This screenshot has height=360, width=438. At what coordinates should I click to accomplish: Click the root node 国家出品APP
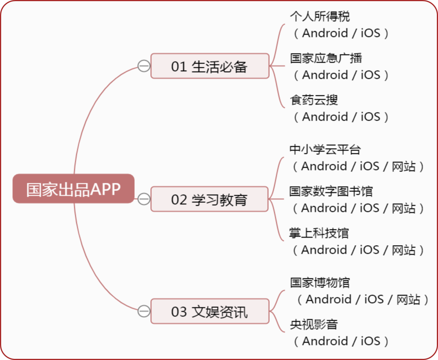pyautogui.click(x=73, y=189)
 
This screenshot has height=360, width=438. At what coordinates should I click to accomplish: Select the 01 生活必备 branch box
pyautogui.click(x=210, y=66)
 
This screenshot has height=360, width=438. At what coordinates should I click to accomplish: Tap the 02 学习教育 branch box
pyautogui.click(x=210, y=199)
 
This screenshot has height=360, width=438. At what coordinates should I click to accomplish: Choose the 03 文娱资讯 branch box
pyautogui.click(x=210, y=311)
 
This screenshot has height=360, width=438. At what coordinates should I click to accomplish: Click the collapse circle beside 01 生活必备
pyautogui.click(x=144, y=66)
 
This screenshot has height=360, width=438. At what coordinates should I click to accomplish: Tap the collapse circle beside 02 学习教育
pyautogui.click(x=144, y=199)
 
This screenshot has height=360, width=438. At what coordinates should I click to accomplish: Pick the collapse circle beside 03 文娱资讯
pyautogui.click(x=144, y=311)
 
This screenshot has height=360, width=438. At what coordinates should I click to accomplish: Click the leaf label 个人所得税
pyautogui.click(x=320, y=17)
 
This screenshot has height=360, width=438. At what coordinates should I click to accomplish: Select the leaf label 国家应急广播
pyautogui.click(x=326, y=58)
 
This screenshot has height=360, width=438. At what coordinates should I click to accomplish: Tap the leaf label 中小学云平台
pyautogui.click(x=325, y=150)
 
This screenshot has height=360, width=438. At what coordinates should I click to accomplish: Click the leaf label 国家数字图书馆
pyautogui.click(x=331, y=191)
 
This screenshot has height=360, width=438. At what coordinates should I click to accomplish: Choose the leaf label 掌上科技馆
pyautogui.click(x=319, y=233)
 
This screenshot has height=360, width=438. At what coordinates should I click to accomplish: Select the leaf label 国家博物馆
pyautogui.click(x=320, y=283)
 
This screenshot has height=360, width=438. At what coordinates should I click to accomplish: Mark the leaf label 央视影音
pyautogui.click(x=314, y=324)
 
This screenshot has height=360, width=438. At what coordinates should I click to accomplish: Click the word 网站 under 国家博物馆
pyautogui.click(x=408, y=300)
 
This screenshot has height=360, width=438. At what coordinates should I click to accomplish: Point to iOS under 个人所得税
pyautogui.click(x=371, y=33)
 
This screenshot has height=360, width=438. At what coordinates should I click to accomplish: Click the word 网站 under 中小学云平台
pyautogui.click(x=404, y=166)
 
